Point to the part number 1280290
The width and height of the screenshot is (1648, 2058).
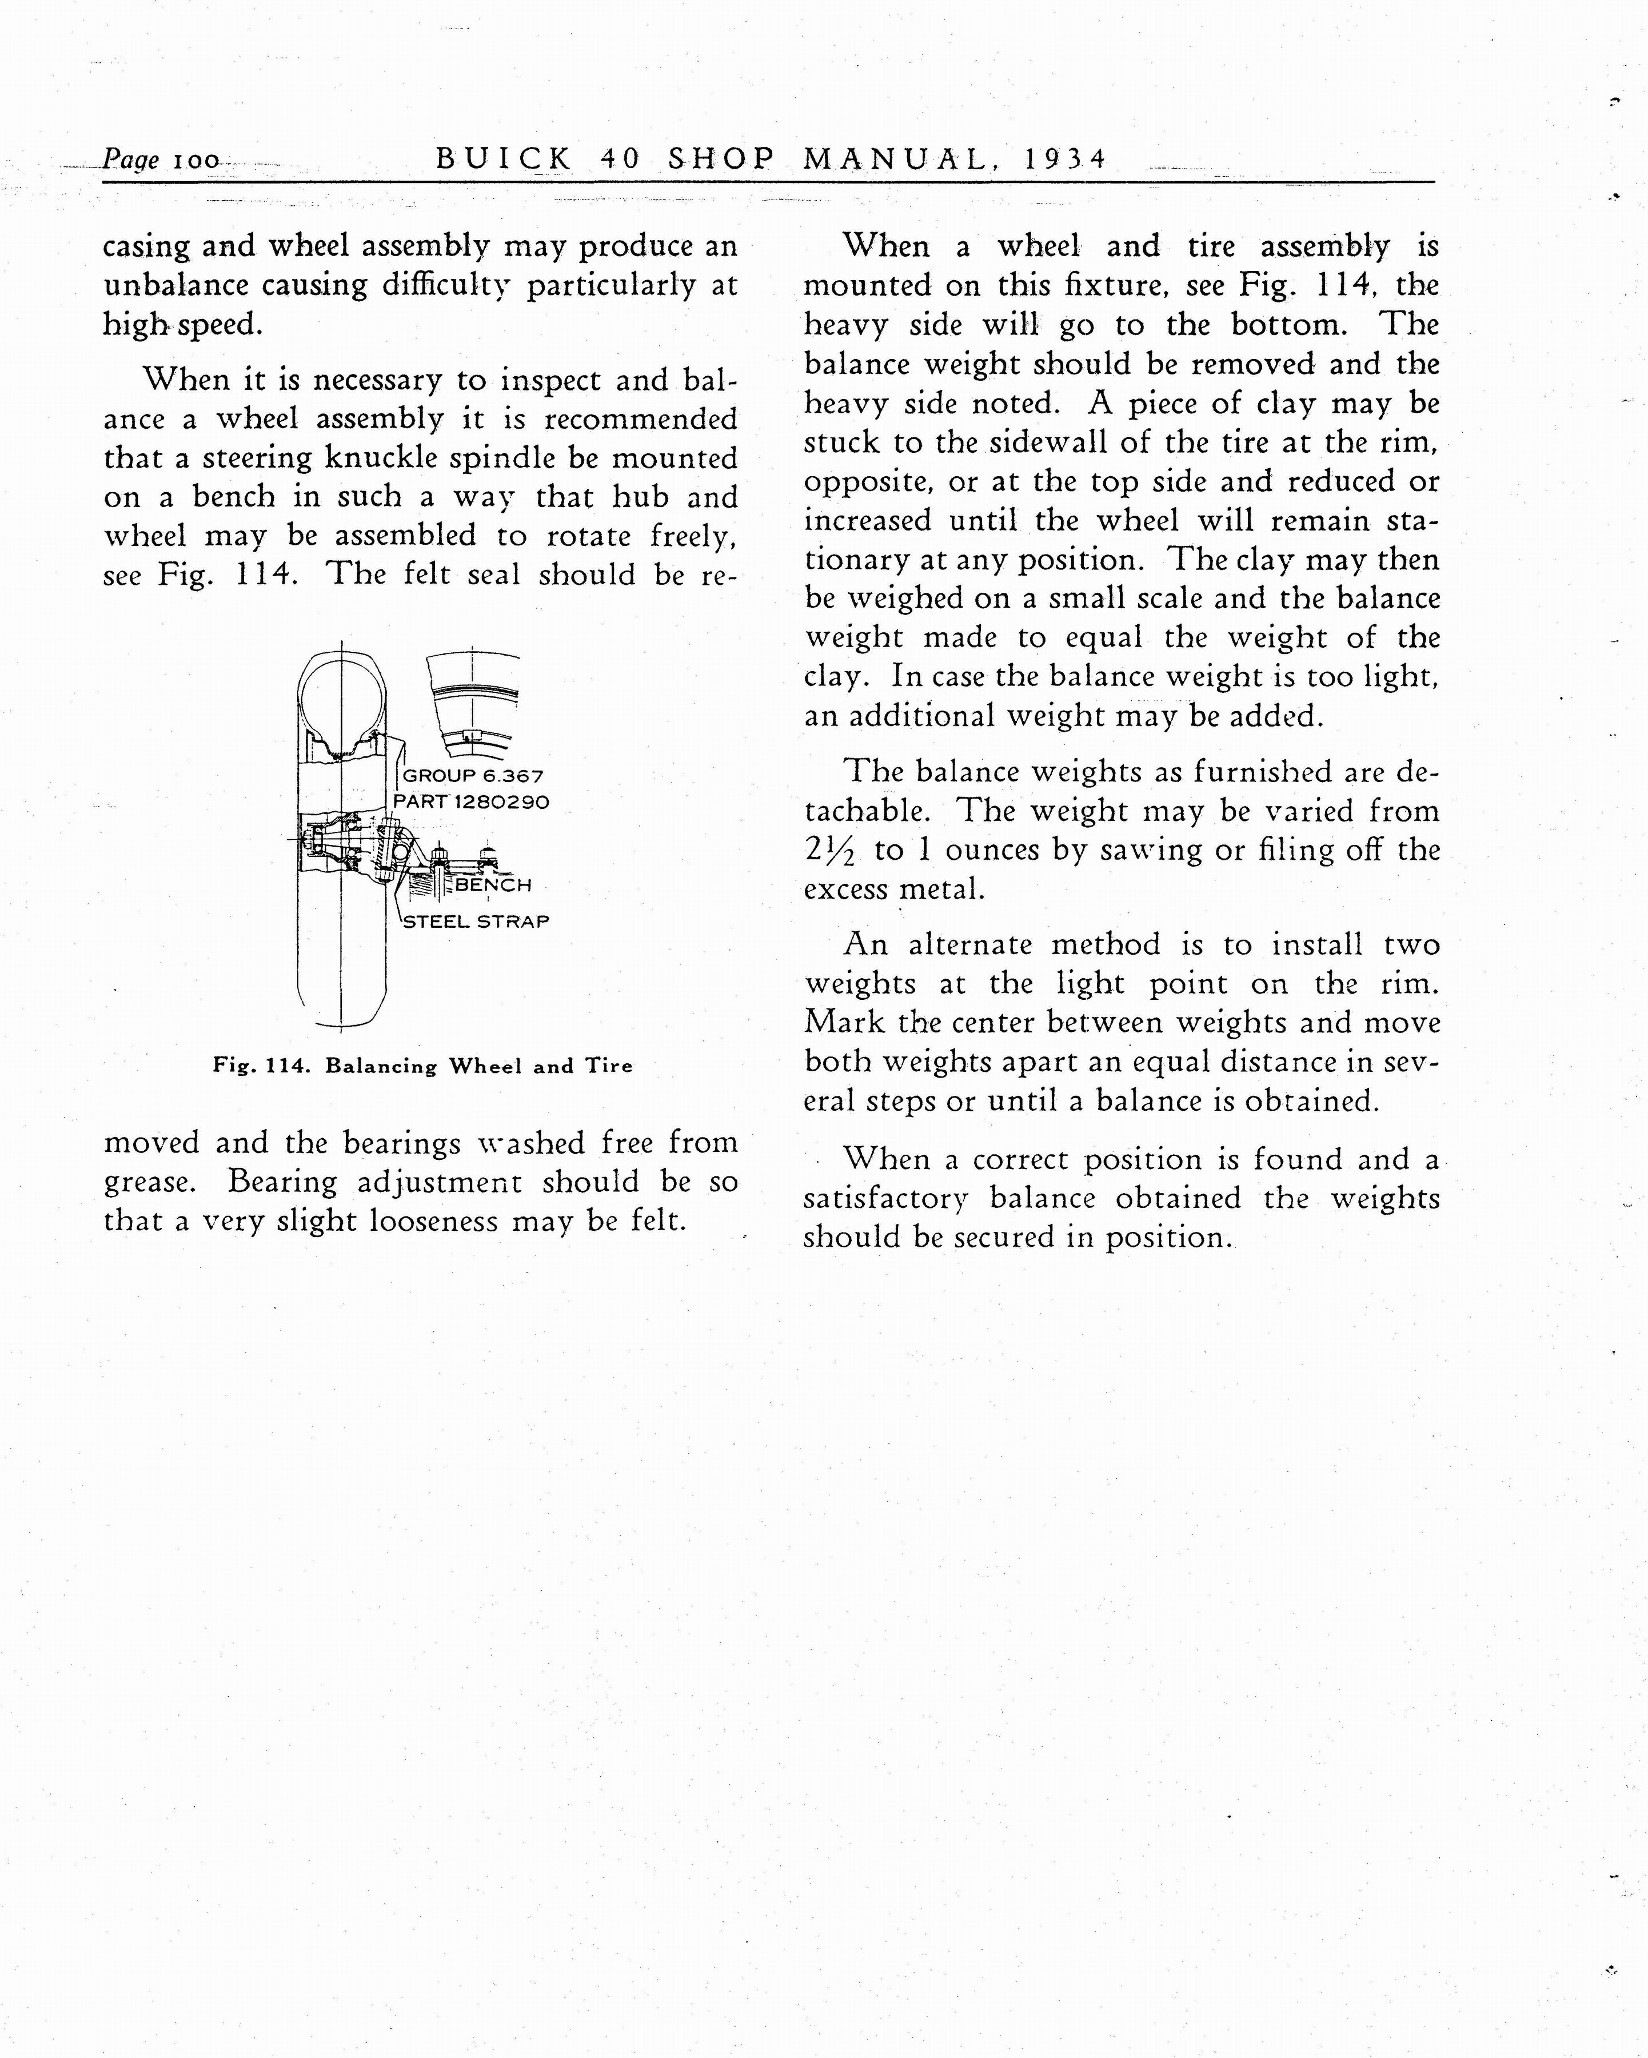pos(502,802)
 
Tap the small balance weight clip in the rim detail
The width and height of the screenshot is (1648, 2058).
pos(470,735)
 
